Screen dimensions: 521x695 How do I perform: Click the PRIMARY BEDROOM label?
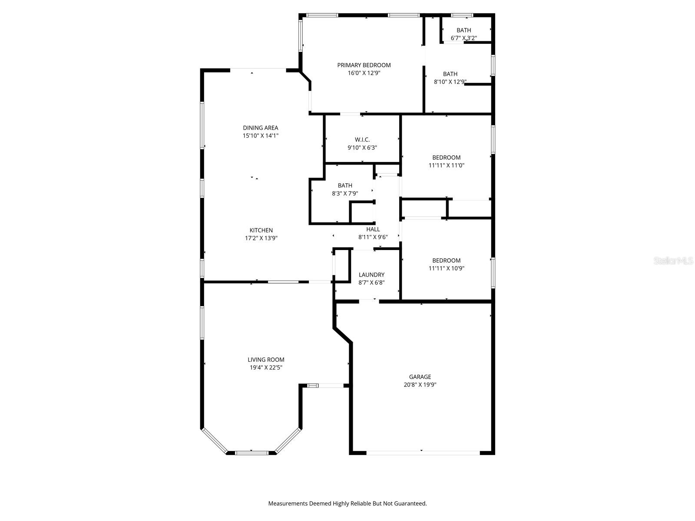point(364,65)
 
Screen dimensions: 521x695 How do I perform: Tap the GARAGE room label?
point(420,377)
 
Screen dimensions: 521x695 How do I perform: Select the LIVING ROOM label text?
point(266,359)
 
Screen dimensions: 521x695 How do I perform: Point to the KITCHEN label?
point(261,230)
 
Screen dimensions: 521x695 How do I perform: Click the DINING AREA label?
point(260,128)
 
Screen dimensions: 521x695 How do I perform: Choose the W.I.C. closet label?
point(362,139)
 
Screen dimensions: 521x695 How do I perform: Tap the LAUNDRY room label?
point(371,275)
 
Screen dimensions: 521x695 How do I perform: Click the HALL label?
point(373,229)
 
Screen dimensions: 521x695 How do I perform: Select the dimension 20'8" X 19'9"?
point(420,385)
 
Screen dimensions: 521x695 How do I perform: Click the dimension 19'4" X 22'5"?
point(266,367)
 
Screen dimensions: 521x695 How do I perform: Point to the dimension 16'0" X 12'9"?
point(364,73)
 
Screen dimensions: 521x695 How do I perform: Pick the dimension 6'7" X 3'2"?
point(463,38)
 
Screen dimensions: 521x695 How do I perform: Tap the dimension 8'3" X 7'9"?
point(345,193)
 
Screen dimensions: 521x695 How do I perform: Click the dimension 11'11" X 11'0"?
point(446,165)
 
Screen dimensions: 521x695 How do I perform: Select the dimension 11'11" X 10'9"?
point(446,268)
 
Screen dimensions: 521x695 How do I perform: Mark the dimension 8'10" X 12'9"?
point(450,82)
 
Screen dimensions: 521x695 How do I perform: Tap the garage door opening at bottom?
point(423,453)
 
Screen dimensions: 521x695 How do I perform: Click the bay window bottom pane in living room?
point(252,453)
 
